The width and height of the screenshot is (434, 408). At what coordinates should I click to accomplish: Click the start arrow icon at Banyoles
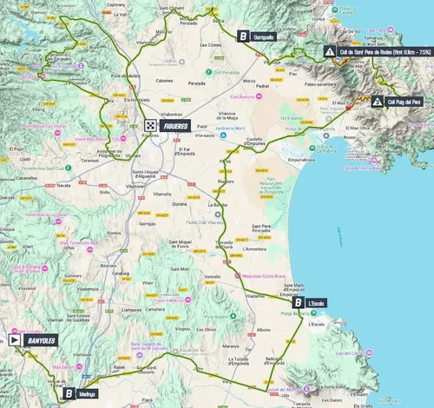[x=14, y=340]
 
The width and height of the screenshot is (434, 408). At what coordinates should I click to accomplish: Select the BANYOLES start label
[x=40, y=340]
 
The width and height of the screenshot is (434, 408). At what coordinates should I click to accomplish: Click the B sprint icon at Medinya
[x=68, y=393]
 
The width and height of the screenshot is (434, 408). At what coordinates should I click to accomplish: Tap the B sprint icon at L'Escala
[x=299, y=303]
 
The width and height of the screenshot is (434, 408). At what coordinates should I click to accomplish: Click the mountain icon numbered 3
[x=378, y=102]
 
